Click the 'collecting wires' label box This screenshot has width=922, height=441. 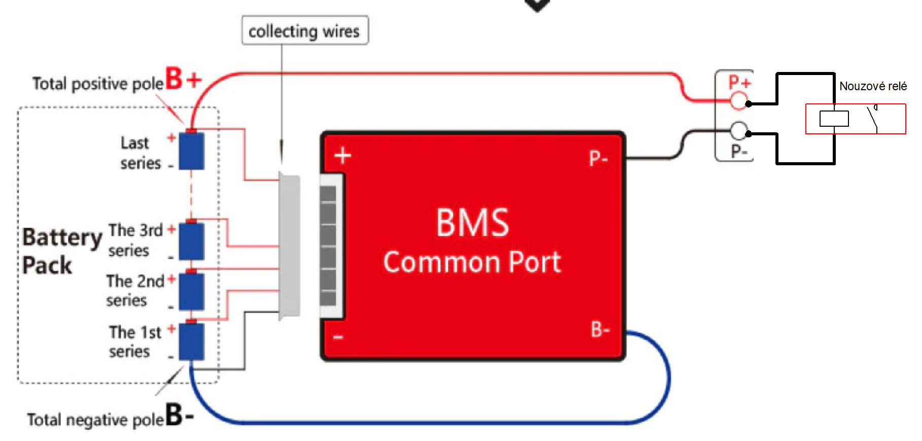305,30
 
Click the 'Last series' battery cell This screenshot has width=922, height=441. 192,151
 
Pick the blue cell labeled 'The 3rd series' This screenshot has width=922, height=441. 192,241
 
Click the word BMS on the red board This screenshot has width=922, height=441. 472,223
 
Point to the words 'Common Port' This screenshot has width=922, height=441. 472,262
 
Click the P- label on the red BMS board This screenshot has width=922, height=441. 598,159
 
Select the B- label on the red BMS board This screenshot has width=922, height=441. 600,329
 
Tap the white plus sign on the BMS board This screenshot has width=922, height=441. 343,155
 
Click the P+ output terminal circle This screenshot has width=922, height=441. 739,100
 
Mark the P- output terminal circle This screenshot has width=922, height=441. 739,131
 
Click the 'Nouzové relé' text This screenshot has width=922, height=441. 873,86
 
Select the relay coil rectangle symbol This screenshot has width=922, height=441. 834,119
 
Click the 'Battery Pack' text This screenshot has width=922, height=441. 62,251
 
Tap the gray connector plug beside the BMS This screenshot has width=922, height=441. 290,246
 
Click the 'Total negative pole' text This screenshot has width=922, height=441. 95,420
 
